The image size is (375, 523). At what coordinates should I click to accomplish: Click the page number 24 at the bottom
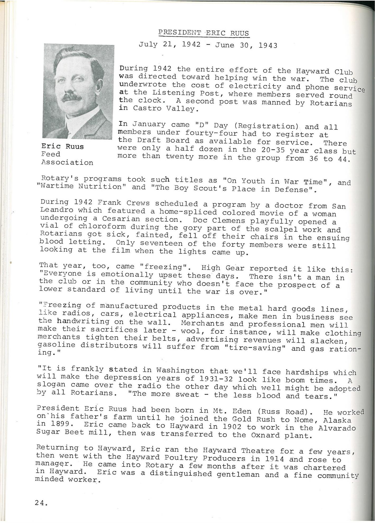(x=41, y=503)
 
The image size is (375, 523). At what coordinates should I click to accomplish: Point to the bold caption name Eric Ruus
(x=63, y=146)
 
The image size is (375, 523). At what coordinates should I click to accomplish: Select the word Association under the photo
(x=67, y=162)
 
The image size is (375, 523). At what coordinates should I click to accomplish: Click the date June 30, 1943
(x=246, y=45)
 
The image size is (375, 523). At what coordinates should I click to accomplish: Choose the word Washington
(x=180, y=370)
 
